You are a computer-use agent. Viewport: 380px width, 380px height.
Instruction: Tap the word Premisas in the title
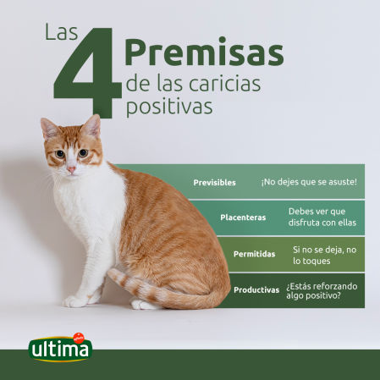click(x=203, y=52)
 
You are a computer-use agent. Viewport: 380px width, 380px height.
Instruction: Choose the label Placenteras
click(x=243, y=218)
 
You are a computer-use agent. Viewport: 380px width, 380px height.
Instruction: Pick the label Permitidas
click(x=254, y=254)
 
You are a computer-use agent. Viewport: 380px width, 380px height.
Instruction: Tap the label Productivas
click(x=256, y=289)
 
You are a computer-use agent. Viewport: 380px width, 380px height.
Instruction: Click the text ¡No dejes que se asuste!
click(x=308, y=182)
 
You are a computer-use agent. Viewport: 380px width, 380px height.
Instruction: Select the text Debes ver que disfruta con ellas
click(x=322, y=218)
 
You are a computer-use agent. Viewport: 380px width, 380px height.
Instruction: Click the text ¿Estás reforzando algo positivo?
click(x=321, y=289)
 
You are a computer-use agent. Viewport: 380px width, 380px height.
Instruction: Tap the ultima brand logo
click(x=60, y=347)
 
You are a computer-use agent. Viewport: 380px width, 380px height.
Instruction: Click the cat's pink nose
click(x=71, y=168)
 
